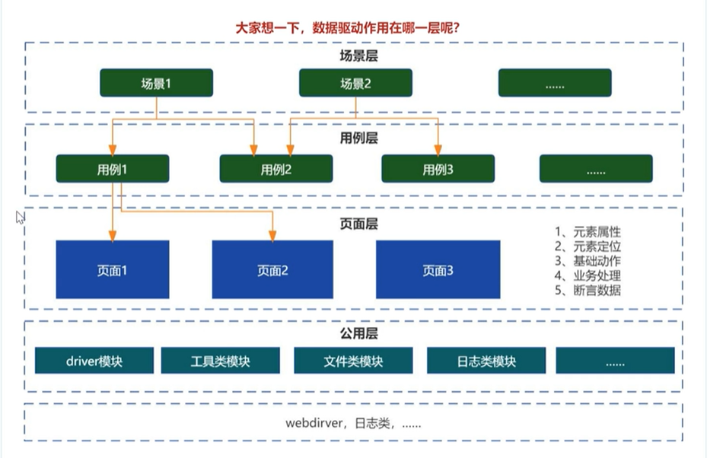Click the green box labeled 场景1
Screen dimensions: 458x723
(156, 83)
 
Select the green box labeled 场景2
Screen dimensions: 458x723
(355, 83)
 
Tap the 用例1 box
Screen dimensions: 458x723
(112, 168)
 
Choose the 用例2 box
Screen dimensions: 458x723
(276, 169)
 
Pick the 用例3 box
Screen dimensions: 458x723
(438, 169)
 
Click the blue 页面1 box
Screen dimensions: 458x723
(112, 269)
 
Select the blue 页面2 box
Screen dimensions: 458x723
(272, 269)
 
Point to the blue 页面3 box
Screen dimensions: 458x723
(438, 269)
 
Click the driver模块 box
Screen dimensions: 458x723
(94, 361)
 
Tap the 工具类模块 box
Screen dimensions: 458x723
(220, 361)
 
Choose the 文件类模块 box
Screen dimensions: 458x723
(353, 361)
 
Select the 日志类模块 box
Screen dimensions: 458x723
(486, 361)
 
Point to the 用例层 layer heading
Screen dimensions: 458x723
(358, 138)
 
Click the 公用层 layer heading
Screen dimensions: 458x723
(358, 333)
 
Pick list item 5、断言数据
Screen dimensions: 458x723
(588, 290)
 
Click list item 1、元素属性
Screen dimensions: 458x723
(588, 232)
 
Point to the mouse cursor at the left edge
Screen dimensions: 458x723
(20, 217)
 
